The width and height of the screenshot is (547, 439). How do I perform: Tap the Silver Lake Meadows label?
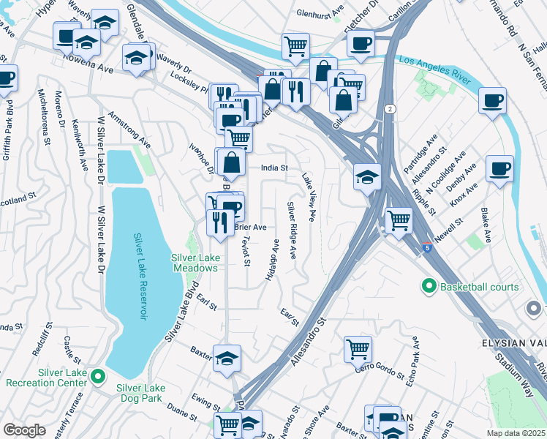pos(195,262)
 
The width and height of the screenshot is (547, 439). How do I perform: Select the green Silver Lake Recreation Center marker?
pos(99,377)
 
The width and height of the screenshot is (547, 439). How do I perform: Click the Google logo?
pos(24,430)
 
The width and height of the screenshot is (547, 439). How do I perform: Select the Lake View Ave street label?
pos(309,196)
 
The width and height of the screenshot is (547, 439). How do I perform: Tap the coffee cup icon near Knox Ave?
pos(500,170)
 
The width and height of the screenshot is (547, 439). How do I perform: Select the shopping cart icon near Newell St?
pos(398,219)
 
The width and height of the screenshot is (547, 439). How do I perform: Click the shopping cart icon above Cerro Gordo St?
pos(358,348)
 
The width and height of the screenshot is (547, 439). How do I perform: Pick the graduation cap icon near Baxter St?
pos(227,357)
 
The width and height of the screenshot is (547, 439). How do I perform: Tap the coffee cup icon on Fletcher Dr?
pos(360,42)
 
